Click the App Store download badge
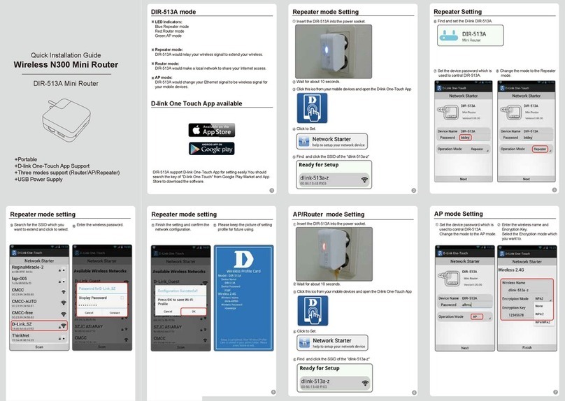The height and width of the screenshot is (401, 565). [211, 130]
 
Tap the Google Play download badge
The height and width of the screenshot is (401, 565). [211, 148]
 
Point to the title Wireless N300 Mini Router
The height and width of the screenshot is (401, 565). [66, 65]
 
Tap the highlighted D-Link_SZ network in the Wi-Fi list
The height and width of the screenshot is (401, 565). [38, 326]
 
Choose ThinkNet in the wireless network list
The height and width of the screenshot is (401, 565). [38, 337]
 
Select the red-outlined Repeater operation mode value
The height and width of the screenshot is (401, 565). [539, 149]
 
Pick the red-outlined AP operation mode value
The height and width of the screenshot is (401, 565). [475, 316]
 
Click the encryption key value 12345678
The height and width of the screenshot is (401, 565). [516, 314]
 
